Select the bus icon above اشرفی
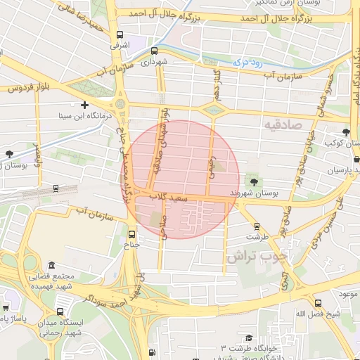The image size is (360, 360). [120, 34]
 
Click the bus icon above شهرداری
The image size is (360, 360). [154, 51]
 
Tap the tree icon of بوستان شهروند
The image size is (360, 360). [254, 182]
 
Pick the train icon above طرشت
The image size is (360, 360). [257, 226]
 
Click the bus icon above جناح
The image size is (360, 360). [132, 234]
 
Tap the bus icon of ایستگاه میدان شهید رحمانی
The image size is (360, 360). [60, 311]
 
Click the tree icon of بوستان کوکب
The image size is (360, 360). [345, 133]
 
